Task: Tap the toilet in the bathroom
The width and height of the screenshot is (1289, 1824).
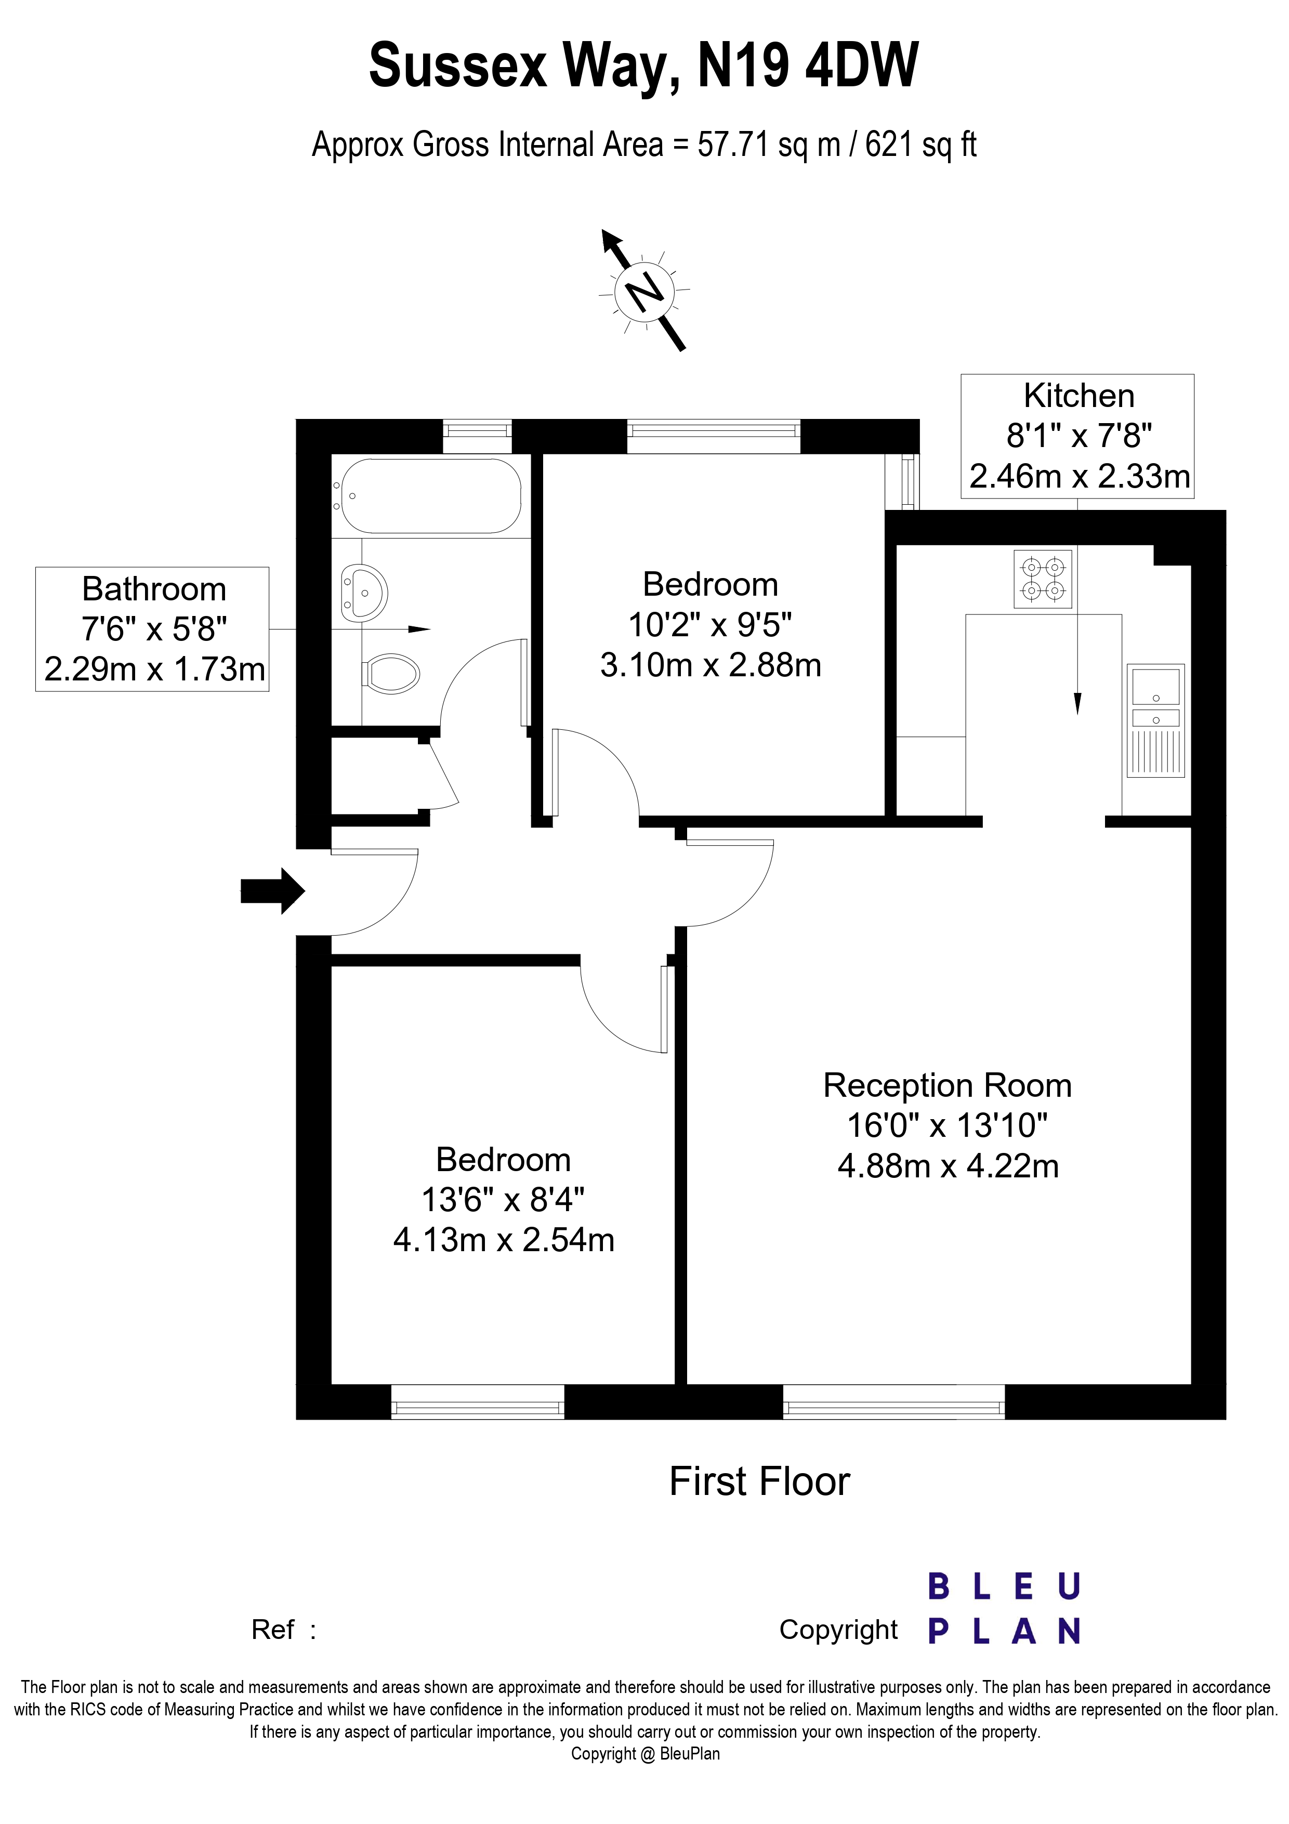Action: [x=391, y=674]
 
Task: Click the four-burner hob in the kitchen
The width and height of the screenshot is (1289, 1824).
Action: [x=1042, y=579]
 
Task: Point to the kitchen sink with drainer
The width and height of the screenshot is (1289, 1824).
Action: [x=1155, y=720]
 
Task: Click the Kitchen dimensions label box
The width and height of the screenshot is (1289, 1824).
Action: [x=1077, y=436]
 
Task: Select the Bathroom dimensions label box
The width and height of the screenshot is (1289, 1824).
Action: [x=152, y=628]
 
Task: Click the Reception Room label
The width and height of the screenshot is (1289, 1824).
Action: [x=946, y=1086]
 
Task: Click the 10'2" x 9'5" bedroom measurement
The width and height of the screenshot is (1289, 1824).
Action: [x=709, y=625]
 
